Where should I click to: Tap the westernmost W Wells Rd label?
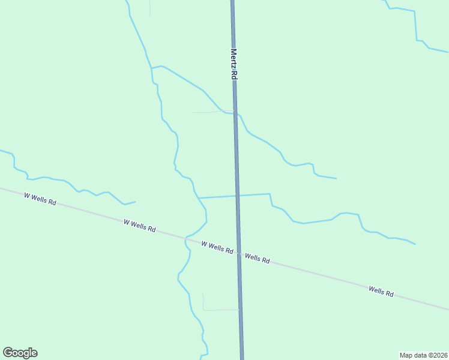(40, 199)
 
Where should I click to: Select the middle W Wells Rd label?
(140, 226)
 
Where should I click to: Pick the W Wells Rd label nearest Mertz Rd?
(217, 247)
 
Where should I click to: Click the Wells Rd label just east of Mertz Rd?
(257, 259)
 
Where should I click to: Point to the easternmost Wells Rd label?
(381, 292)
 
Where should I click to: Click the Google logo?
(20, 353)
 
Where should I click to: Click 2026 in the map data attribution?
(439, 355)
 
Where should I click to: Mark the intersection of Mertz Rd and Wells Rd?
(239, 253)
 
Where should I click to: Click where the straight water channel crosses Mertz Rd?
(237, 196)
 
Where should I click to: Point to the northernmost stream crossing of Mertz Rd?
(235, 113)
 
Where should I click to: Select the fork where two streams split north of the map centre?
(152, 68)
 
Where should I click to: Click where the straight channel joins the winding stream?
(198, 197)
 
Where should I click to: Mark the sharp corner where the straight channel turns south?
(269, 194)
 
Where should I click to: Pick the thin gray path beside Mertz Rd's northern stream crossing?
(207, 112)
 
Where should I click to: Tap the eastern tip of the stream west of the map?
(135, 202)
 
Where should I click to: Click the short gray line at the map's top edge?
(149, 8)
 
